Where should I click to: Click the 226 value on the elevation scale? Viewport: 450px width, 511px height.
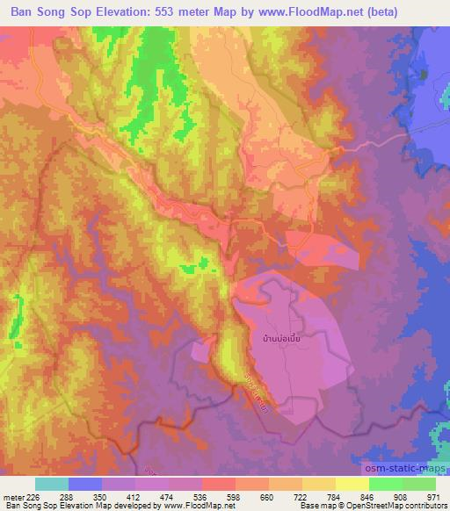pos(35,497)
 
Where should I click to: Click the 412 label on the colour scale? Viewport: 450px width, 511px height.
pos(131,497)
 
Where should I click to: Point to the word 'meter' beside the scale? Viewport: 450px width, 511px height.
pos(13,497)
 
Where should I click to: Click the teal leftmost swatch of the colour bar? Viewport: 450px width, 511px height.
pos(52,484)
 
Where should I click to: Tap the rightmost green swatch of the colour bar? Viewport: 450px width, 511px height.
pos(419,484)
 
